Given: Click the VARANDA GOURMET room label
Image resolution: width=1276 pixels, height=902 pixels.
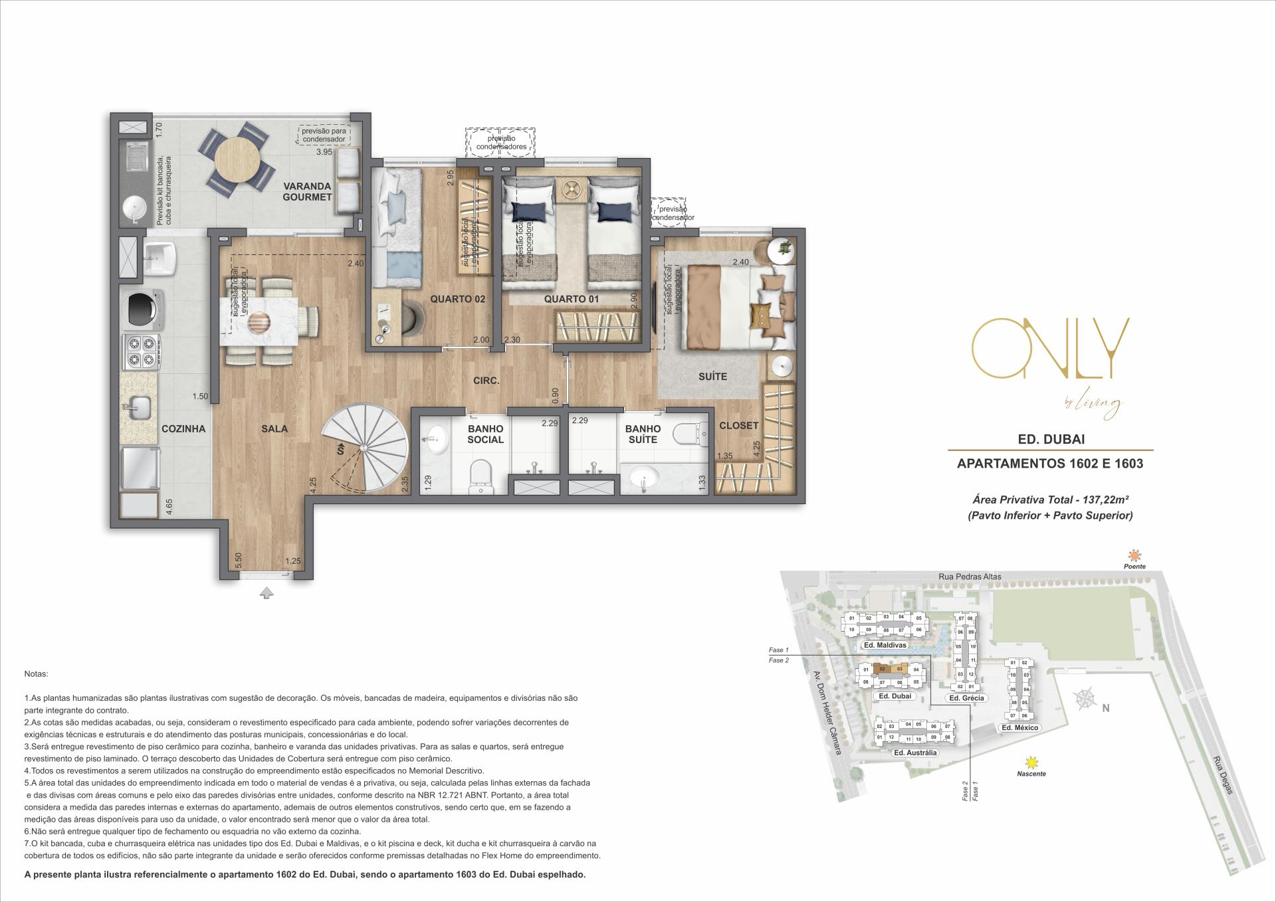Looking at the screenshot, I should click(307, 191).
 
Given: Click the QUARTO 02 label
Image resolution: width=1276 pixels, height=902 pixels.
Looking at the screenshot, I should click(457, 299).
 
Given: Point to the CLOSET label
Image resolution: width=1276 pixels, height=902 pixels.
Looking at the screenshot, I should click(738, 425).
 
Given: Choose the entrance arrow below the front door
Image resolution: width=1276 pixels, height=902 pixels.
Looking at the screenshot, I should click(266, 593).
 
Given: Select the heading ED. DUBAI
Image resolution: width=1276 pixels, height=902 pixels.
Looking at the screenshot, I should click(1050, 439).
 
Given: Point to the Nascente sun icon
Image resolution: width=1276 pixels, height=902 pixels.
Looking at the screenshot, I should click(1031, 763).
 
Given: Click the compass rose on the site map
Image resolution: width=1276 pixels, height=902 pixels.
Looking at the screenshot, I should click(1085, 699).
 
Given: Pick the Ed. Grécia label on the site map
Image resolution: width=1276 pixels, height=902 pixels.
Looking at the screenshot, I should click(966, 698).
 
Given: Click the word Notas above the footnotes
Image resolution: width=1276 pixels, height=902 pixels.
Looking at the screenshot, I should click(36, 674).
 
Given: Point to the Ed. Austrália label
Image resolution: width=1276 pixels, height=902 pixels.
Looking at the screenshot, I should click(915, 753).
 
